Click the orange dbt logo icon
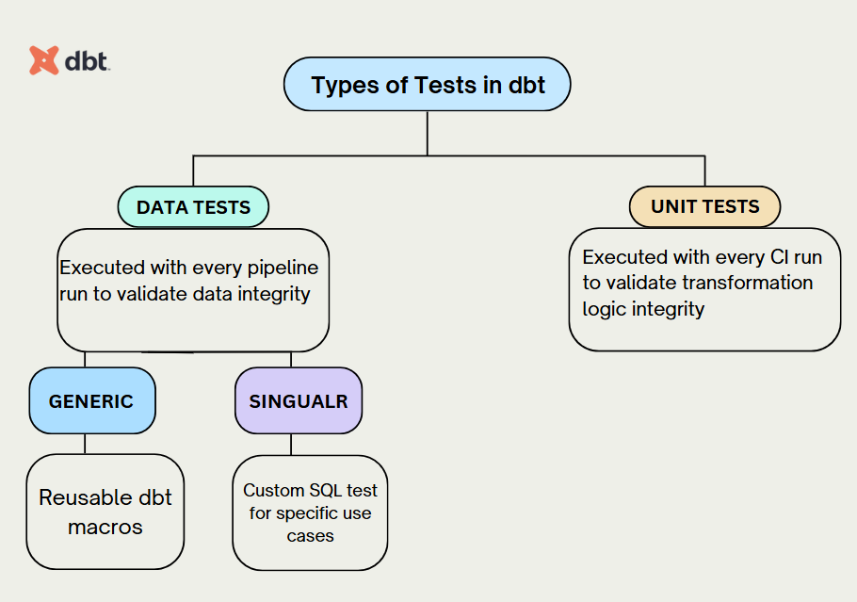(x=43, y=60)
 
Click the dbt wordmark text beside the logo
(x=88, y=61)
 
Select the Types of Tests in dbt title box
(x=428, y=85)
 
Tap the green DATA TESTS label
(x=193, y=207)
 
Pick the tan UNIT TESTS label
(x=704, y=206)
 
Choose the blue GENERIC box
(x=91, y=400)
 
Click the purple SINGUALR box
(x=298, y=400)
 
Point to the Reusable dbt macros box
(x=105, y=512)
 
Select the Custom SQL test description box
(x=310, y=513)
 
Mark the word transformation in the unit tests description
(x=747, y=283)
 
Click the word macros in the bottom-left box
(x=105, y=527)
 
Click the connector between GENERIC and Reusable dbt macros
(x=85, y=444)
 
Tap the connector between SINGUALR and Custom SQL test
(x=291, y=445)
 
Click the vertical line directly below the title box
(x=428, y=132)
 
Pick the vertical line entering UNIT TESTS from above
(x=704, y=171)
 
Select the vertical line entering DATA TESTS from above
(x=193, y=171)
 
